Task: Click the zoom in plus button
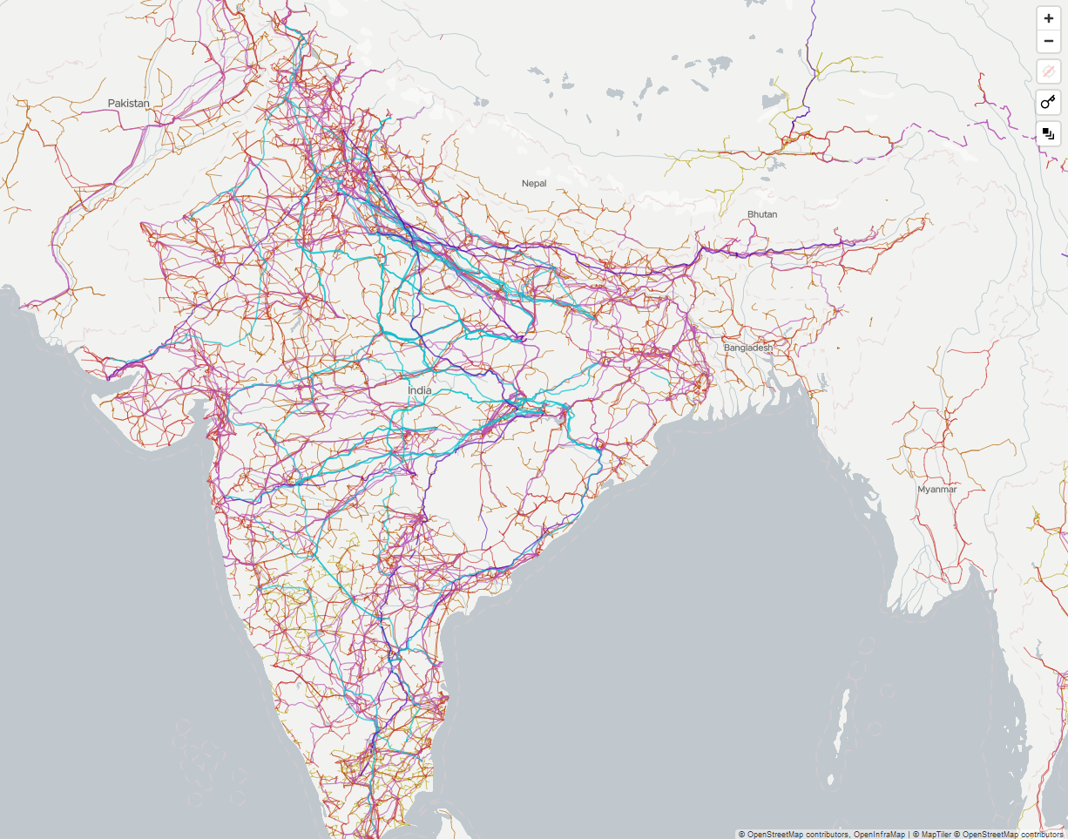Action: click(x=1048, y=18)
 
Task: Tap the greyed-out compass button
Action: click(x=1048, y=71)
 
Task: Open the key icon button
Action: click(x=1048, y=103)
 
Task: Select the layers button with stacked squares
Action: click(x=1048, y=134)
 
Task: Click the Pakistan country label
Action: click(x=129, y=103)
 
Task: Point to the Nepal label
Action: click(x=534, y=183)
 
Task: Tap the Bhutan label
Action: click(x=761, y=214)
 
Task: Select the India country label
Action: click(x=419, y=390)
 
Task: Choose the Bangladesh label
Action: click(x=748, y=348)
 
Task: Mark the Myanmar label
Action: click(x=936, y=490)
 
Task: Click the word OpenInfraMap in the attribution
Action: click(x=879, y=834)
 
